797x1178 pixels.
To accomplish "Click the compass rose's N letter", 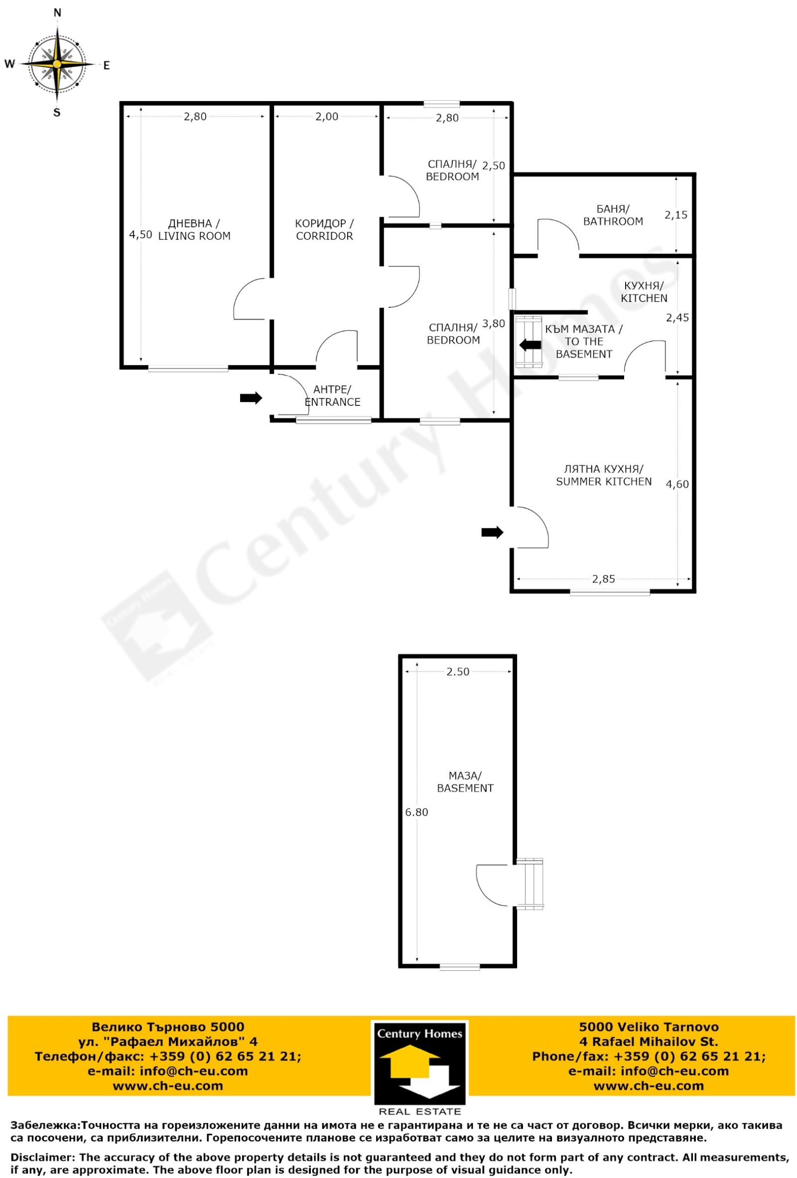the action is [57, 13].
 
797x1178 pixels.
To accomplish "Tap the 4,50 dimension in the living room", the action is [140, 234].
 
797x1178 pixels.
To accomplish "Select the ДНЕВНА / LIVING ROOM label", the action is [194, 230].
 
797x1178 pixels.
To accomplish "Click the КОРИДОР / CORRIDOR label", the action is [324, 230].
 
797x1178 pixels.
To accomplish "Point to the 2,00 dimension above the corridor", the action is [326, 117].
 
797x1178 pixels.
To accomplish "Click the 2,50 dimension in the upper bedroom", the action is [493, 165].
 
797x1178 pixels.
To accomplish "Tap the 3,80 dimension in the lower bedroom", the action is [493, 323].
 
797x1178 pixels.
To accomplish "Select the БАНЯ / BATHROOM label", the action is [613, 215].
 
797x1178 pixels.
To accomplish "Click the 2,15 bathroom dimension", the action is [676, 215].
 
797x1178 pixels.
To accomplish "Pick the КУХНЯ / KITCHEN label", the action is [644, 292].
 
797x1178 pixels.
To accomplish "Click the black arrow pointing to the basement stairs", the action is [530, 345].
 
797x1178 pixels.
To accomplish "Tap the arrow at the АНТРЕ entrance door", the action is [251, 398].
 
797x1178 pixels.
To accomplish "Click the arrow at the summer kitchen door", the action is [492, 532].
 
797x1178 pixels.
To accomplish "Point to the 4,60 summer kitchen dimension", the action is [677, 484].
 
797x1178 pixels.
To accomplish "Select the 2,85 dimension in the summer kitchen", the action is [603, 579].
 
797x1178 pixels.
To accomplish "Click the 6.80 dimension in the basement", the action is [416, 812].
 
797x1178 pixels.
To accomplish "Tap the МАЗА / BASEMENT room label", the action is [465, 782].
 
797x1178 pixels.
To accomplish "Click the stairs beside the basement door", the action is [530, 884].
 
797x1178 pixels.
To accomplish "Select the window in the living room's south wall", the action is [188, 369].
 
